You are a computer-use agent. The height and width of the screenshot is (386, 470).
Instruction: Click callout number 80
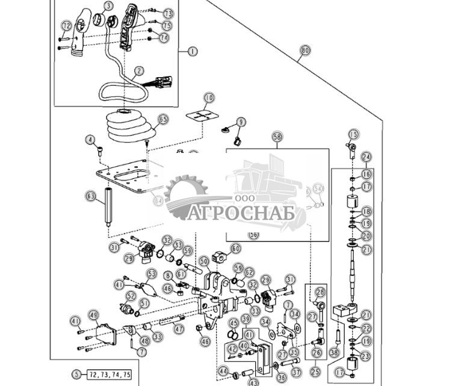[x=305, y=51]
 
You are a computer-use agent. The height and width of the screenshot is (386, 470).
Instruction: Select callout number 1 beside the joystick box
[x=193, y=51]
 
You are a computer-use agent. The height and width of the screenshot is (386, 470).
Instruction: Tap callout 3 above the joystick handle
[x=108, y=6]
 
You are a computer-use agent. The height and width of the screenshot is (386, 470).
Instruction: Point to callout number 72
[x=66, y=26]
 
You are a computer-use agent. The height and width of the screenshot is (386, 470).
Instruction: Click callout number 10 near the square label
[x=208, y=97]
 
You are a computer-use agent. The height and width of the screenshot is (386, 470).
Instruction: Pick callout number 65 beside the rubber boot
[x=163, y=120]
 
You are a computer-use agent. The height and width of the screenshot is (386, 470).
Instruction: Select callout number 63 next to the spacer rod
[x=91, y=196]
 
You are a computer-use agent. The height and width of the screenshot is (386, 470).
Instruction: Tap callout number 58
[x=277, y=137]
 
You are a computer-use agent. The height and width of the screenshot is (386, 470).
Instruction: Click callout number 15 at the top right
[x=353, y=134]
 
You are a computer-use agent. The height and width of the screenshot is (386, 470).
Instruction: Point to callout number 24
[x=366, y=157]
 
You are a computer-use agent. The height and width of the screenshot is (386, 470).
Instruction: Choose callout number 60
[x=235, y=248]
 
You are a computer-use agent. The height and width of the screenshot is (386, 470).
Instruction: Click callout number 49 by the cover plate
[x=93, y=315]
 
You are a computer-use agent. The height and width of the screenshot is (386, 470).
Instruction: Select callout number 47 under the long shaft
[x=179, y=329]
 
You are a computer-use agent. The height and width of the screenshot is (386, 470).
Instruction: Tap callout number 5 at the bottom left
[x=76, y=374]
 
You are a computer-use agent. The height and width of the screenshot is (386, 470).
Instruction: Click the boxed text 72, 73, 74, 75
[x=109, y=374]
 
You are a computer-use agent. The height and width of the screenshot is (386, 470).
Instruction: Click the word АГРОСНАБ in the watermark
[x=241, y=213]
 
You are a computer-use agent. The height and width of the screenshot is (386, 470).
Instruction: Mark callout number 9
[x=241, y=122]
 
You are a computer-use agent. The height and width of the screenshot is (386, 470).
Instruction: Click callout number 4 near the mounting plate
[x=91, y=140]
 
